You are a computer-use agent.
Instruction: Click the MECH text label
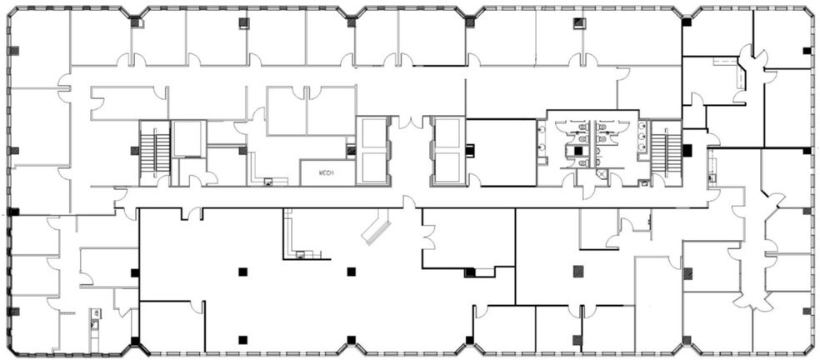coord(327,172)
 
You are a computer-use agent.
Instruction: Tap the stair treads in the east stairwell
coord(665,152)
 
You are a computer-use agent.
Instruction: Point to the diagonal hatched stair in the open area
coord(376,227)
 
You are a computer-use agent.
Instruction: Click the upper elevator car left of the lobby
coord(372,134)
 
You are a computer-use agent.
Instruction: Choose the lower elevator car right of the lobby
coord(448,167)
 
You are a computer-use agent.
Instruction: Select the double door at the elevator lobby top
coord(410,122)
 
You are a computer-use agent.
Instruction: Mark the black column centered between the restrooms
coord(578,151)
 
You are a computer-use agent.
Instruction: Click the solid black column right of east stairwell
coord(687,151)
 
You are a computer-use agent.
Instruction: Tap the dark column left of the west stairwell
coord(135,151)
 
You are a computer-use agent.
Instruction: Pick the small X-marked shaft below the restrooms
coord(602,174)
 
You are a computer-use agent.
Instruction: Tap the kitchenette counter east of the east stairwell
coord(711,171)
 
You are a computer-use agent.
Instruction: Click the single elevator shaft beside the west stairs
coord(187,138)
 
